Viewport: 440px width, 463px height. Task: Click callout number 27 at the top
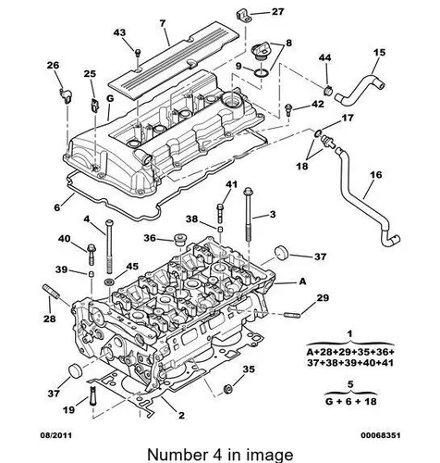coord(277,12)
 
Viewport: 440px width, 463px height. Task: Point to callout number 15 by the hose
coord(379,52)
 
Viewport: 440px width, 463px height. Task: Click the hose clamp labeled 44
coord(328,90)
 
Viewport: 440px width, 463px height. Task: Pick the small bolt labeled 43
coord(138,53)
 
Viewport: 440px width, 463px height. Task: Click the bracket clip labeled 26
coord(65,94)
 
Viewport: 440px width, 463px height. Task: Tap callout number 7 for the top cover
coord(163,24)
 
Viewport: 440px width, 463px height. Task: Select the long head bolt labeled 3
coord(249,215)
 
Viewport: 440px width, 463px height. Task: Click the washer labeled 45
coord(109,282)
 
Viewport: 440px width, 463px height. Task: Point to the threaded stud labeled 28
coord(50,291)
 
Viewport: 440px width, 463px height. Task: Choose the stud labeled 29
coord(291,315)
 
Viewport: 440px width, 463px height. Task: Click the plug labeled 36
coord(178,239)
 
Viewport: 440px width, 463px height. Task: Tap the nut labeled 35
coord(228,389)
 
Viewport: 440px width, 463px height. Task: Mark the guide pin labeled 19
coord(93,396)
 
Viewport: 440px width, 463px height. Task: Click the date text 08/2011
coord(56,435)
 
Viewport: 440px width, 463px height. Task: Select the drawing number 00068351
coord(381,435)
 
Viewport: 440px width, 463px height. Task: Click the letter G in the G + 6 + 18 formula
coord(329,402)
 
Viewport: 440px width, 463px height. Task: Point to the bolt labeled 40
coord(92,254)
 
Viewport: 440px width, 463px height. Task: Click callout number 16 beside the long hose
coord(376,175)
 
